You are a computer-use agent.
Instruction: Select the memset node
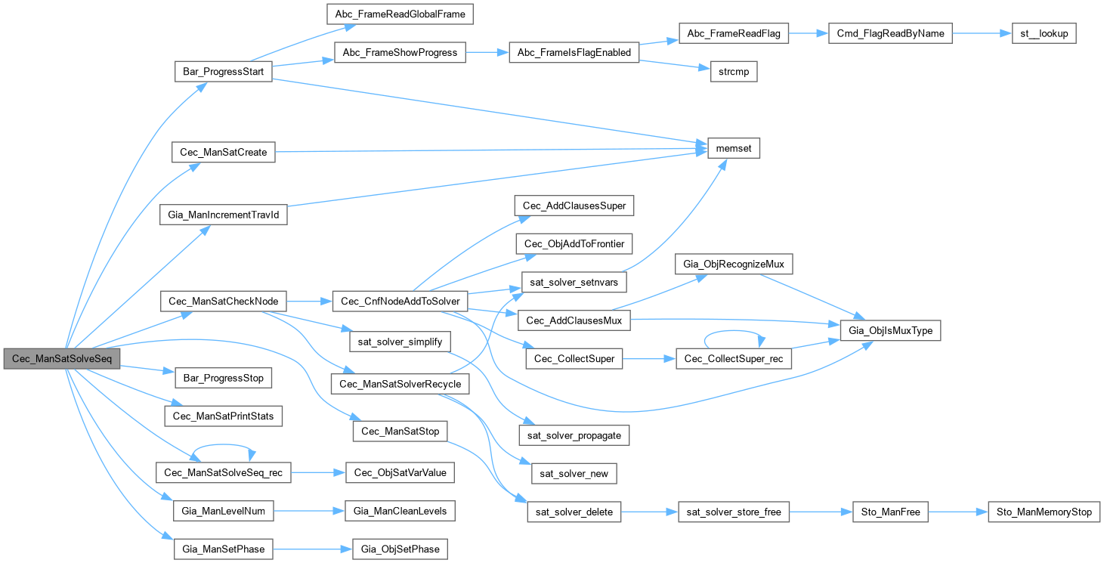(x=732, y=149)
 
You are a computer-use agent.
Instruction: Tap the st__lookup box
(x=1043, y=34)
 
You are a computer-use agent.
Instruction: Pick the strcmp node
(x=733, y=73)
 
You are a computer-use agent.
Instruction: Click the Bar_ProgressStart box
(x=223, y=73)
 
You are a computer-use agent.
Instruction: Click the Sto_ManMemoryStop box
(x=1044, y=512)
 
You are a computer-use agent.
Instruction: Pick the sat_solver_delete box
(x=574, y=512)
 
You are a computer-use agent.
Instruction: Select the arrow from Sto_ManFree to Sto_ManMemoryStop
(x=957, y=512)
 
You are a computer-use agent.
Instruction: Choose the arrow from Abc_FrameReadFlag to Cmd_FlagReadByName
(x=809, y=34)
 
